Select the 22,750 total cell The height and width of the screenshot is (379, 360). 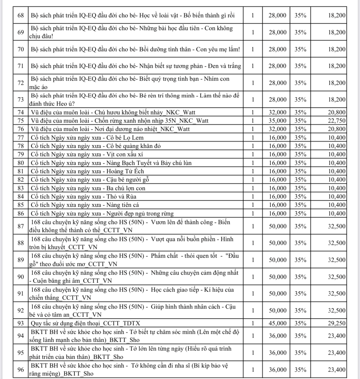click(x=337, y=121)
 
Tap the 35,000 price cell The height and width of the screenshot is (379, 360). click(x=277, y=121)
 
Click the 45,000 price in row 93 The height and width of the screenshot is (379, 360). click(x=277, y=323)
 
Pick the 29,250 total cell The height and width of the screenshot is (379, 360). click(x=337, y=323)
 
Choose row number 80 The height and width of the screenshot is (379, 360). click(x=20, y=163)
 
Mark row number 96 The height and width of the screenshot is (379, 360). click(x=20, y=370)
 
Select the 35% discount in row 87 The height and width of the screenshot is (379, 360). click(x=300, y=226)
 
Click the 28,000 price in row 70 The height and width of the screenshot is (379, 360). click(x=277, y=49)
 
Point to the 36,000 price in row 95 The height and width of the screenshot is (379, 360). click(x=277, y=353)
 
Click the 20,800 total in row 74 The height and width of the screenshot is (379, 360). click(x=337, y=112)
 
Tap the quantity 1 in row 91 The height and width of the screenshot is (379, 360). click(x=253, y=294)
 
